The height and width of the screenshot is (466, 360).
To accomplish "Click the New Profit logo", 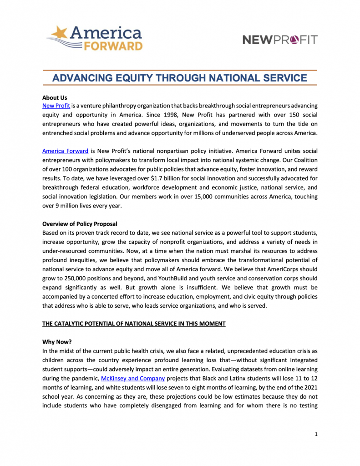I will tap(280, 40).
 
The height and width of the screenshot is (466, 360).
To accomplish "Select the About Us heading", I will tap(55, 98).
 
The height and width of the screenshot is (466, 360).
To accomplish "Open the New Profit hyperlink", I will tap(56, 106).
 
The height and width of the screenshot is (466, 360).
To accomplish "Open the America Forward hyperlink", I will tap(65, 151).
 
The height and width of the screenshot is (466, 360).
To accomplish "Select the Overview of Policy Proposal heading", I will tap(80, 224).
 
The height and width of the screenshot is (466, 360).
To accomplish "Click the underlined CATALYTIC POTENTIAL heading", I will tap(134, 324).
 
